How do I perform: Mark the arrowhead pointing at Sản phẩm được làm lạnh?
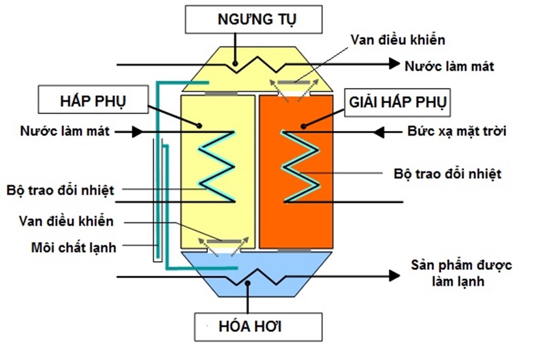[x=393, y=276]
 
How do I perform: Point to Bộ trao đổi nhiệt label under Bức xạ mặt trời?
[x=448, y=174]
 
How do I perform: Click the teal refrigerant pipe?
[x=158, y=170]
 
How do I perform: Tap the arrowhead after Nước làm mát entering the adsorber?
[x=136, y=131]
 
